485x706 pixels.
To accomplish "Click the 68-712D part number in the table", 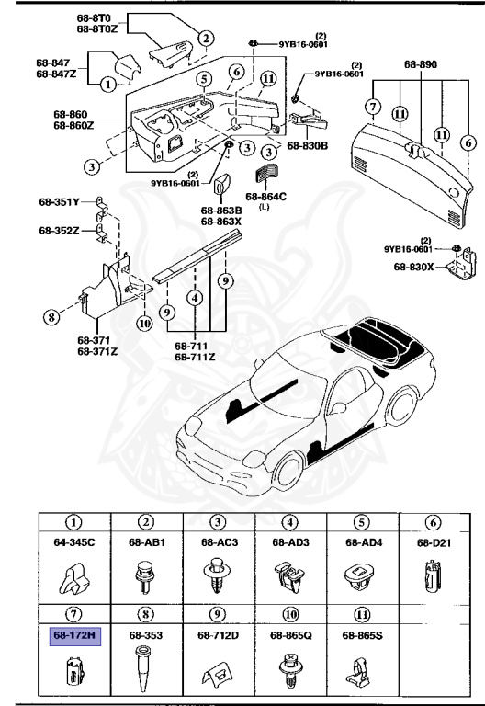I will click(219, 634).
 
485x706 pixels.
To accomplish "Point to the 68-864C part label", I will click(266, 196).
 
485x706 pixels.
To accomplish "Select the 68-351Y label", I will click(59, 200).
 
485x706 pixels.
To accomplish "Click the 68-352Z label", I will click(59, 230).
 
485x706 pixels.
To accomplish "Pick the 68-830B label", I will click(307, 145).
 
